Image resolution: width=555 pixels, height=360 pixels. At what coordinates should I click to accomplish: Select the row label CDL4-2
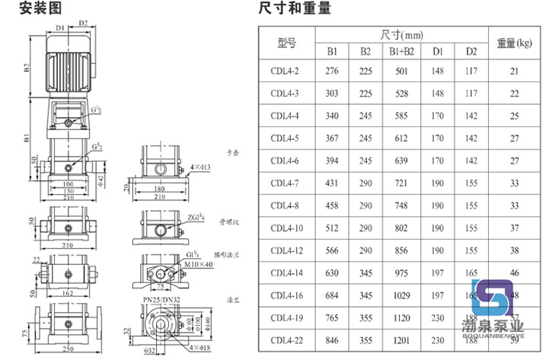coord(285,71)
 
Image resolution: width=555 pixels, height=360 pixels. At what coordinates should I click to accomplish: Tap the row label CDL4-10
coord(286,228)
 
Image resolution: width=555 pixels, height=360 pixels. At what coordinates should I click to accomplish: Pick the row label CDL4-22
coord(286,341)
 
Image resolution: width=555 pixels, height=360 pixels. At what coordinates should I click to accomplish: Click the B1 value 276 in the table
coord(332,71)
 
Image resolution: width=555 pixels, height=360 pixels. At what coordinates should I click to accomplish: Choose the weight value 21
coord(514,71)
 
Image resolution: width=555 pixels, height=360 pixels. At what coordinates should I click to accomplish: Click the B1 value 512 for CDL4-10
coord(332,228)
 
